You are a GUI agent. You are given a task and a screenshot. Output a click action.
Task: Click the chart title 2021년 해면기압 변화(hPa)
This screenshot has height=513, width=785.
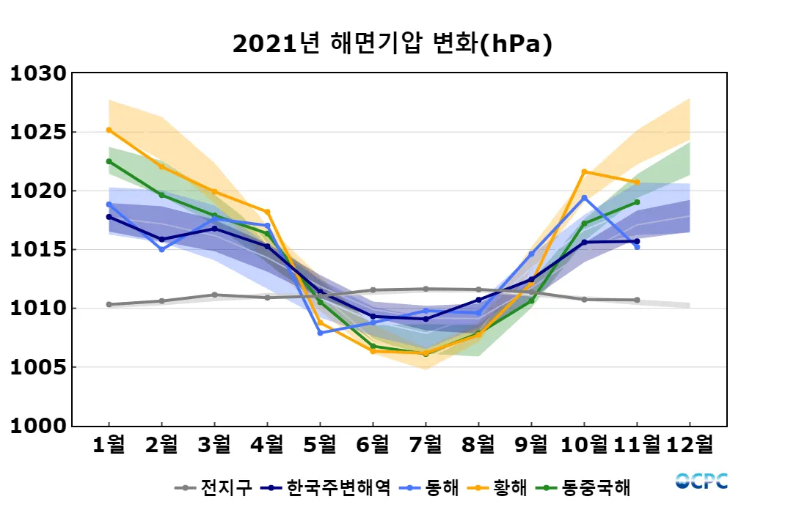392,44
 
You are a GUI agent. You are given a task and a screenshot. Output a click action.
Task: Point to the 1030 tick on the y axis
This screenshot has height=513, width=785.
38,74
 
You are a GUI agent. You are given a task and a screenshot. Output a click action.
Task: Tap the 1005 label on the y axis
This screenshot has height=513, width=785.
38,367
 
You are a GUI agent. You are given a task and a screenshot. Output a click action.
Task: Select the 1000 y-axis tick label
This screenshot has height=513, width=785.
38,426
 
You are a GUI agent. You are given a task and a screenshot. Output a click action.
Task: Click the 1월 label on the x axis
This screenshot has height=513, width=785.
109,444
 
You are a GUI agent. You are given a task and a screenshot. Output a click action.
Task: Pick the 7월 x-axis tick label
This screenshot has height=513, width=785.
426,444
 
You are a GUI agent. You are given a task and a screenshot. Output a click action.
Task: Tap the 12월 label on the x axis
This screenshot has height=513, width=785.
690,444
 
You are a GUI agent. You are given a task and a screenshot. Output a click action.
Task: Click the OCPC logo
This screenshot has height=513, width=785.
701,481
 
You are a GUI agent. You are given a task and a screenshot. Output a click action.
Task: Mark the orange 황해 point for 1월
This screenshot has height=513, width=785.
109,130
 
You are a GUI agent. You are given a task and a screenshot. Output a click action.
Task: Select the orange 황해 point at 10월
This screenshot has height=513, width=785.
584,171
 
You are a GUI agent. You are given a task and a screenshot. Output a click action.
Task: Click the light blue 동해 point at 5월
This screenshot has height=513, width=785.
320,333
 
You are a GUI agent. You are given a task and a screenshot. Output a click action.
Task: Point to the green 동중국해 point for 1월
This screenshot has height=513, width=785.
109,161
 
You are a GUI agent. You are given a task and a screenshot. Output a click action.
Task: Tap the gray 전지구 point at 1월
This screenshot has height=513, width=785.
109,304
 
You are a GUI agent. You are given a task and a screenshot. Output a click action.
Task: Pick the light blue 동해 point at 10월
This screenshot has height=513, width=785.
584,198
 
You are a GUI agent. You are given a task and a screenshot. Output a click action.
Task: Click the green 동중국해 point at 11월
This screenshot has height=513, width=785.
637,202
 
